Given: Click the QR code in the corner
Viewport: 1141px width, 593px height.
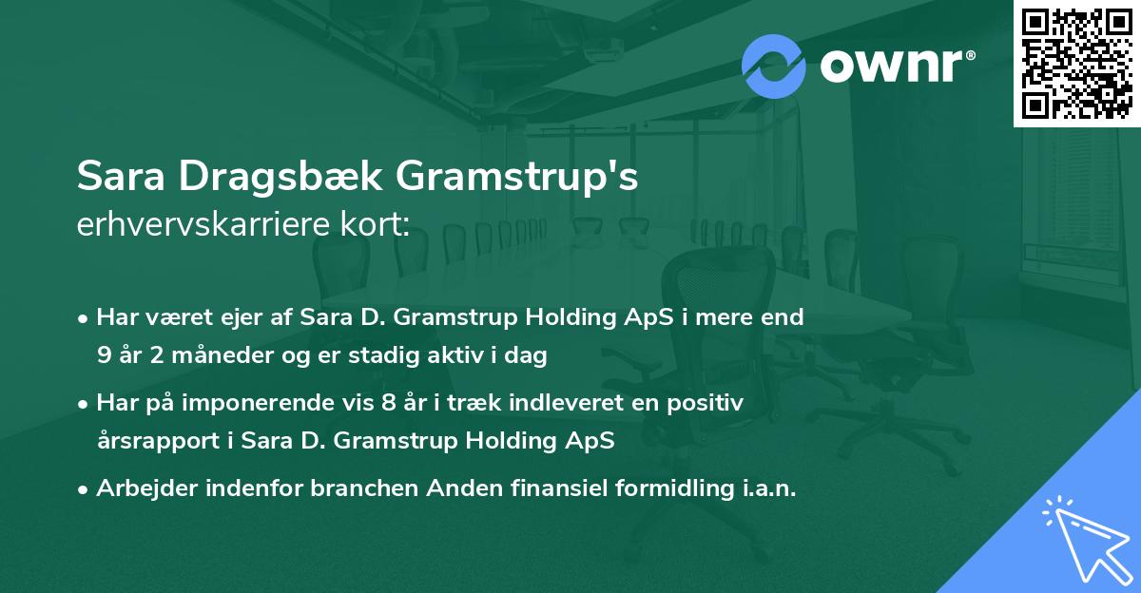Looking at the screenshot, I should click(1077, 63).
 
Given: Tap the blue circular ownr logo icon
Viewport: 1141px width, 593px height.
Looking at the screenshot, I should click(774, 65).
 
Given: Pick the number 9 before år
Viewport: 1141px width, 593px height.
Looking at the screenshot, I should click(103, 355).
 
